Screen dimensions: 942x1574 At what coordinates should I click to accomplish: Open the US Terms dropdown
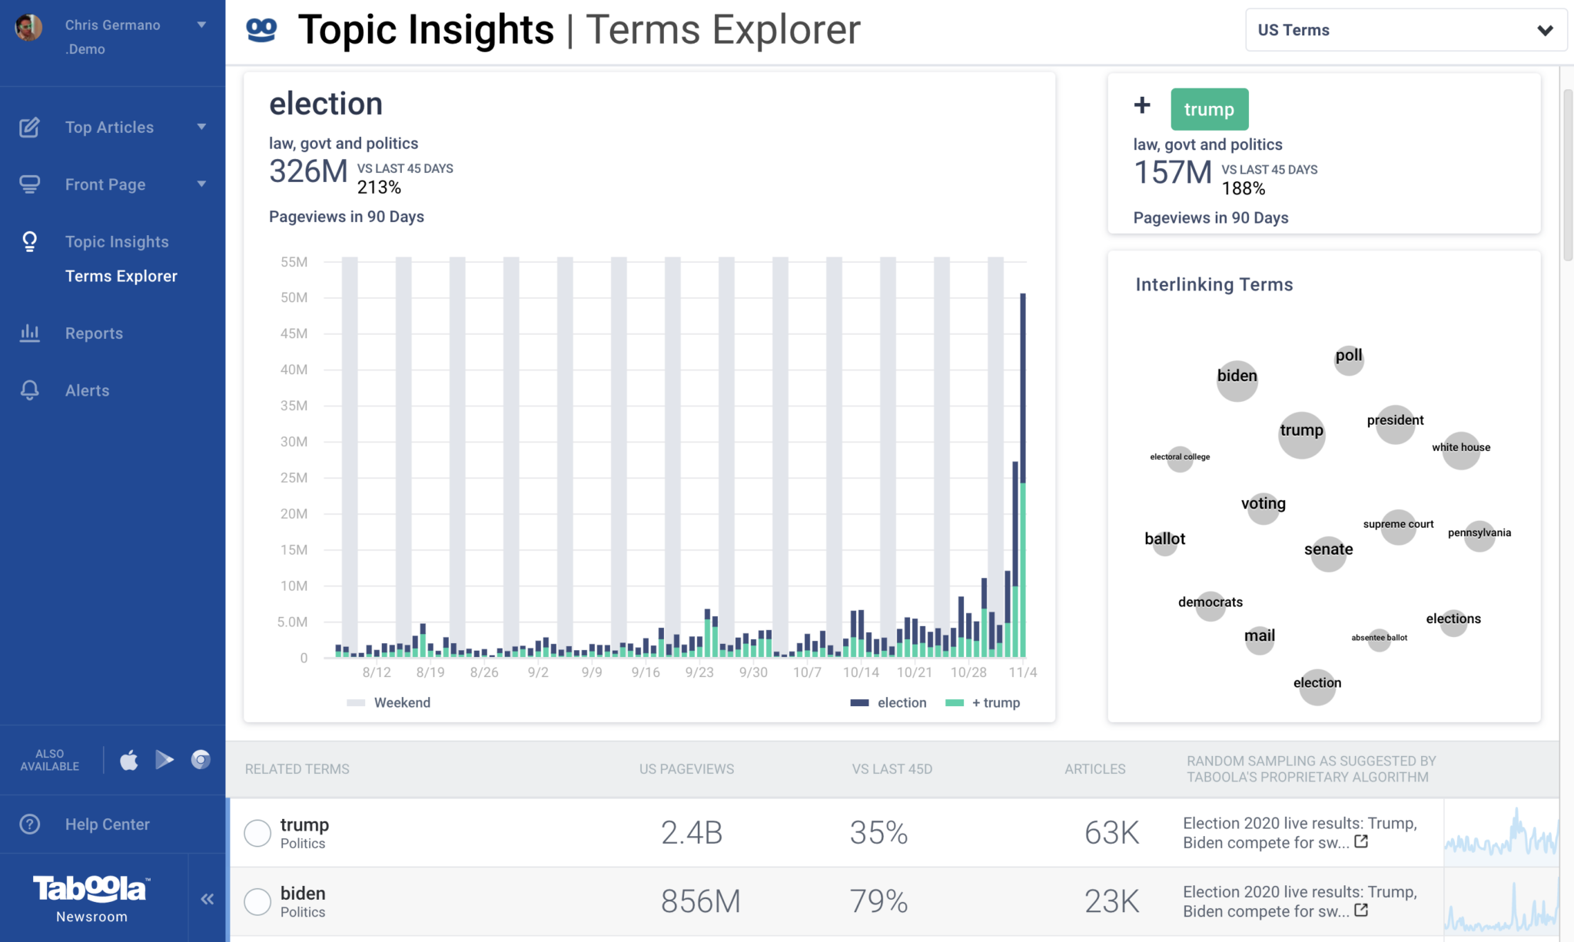[x=1405, y=30]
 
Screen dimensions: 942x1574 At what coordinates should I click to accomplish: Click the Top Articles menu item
[x=109, y=128]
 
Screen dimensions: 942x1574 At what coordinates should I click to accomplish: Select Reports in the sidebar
[x=94, y=333]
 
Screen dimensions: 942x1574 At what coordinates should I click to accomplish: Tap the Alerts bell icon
[x=30, y=390]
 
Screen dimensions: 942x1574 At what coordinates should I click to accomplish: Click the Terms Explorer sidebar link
[x=121, y=276]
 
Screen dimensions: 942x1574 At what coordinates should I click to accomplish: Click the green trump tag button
[x=1209, y=109]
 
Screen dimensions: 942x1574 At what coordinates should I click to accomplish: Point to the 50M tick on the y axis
[x=294, y=297]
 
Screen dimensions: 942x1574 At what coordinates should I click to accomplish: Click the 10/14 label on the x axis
[x=860, y=672]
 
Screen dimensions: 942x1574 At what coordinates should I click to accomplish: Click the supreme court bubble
[x=1398, y=526]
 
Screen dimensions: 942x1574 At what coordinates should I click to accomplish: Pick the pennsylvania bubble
[x=1479, y=534]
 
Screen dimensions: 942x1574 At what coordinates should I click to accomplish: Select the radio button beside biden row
[x=257, y=901]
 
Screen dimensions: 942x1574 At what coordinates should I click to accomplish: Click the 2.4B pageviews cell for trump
[x=691, y=833]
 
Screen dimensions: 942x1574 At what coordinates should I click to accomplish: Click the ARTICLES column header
[x=1094, y=769]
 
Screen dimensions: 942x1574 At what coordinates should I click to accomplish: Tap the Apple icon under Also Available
[x=129, y=760]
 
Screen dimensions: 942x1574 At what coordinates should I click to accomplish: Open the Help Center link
[x=107, y=824]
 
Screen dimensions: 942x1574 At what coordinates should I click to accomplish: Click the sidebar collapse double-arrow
[x=207, y=899]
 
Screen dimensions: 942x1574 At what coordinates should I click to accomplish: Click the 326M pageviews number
[x=308, y=171]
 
